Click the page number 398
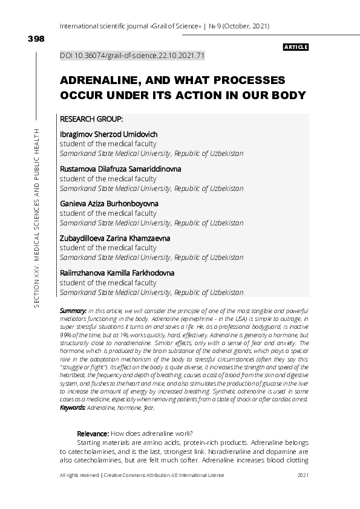pyautogui.click(x=36, y=39)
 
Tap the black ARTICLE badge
pyautogui.click(x=296, y=47)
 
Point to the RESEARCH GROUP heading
pyautogui.click(x=91, y=119)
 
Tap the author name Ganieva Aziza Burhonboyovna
pyautogui.click(x=109, y=204)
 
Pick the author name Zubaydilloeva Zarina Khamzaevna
pyautogui.click(x=115, y=238)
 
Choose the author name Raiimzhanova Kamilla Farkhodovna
pyautogui.click(x=117, y=273)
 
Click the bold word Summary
pyautogui.click(x=73, y=310)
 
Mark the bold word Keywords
pyautogui.click(x=73, y=408)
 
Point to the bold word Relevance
pyautogui.click(x=93, y=433)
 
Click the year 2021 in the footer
pyautogui.click(x=304, y=476)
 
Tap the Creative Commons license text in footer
pyautogui.click(x=164, y=476)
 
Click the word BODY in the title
pyautogui.click(x=286, y=96)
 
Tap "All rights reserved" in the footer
pyautogui.click(x=79, y=476)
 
